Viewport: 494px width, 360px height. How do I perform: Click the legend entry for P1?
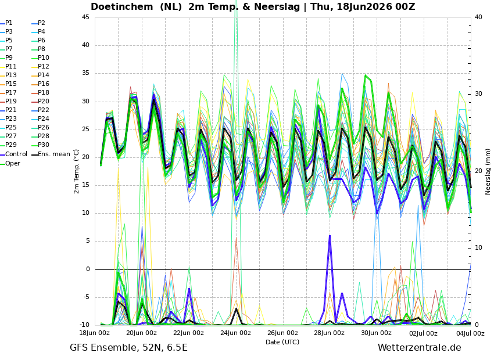(x=6, y=23)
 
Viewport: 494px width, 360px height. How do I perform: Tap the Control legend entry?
(x=14, y=154)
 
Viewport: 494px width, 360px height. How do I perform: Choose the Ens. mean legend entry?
(x=51, y=154)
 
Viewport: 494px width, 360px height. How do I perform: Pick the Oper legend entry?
(x=10, y=163)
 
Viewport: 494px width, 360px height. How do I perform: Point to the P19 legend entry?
(x=9, y=102)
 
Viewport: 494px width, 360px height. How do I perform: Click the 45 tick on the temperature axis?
(x=85, y=17)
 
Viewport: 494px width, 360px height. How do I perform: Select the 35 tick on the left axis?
(x=85, y=73)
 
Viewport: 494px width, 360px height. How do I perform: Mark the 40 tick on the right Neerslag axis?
(x=478, y=17)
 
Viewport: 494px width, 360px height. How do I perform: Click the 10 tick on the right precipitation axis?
(x=478, y=248)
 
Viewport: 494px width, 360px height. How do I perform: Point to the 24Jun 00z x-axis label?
(x=235, y=333)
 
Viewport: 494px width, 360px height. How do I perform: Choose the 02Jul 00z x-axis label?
(x=424, y=333)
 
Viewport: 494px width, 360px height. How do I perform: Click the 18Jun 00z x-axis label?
(x=94, y=333)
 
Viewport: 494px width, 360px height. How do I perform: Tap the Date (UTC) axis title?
(x=282, y=342)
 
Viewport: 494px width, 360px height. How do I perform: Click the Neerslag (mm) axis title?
(x=488, y=171)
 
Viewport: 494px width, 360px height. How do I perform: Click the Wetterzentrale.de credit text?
(x=420, y=348)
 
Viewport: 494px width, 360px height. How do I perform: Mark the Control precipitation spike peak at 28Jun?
(x=330, y=235)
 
